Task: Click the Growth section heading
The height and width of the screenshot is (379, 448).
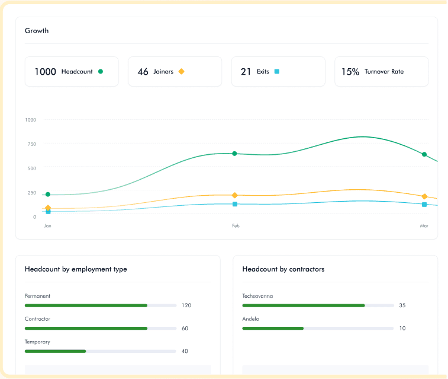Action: pyautogui.click(x=37, y=31)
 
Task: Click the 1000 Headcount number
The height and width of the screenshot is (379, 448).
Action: pyautogui.click(x=45, y=72)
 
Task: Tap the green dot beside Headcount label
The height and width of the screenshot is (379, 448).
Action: pyautogui.click(x=101, y=72)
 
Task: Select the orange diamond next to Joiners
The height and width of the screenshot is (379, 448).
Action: pyautogui.click(x=181, y=72)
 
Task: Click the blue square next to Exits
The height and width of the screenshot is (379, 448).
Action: pyautogui.click(x=276, y=72)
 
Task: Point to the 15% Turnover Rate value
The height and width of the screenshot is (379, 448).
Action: pyautogui.click(x=350, y=72)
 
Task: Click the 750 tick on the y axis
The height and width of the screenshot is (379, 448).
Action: pyautogui.click(x=30, y=144)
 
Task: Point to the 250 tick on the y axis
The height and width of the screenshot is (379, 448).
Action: pyautogui.click(x=30, y=193)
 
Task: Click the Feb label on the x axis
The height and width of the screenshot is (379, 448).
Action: pyautogui.click(x=236, y=226)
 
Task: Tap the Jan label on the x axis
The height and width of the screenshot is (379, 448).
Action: pyautogui.click(x=47, y=226)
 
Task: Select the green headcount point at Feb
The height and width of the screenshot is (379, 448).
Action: pyautogui.click(x=234, y=154)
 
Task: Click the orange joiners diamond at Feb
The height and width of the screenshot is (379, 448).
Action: pyautogui.click(x=234, y=195)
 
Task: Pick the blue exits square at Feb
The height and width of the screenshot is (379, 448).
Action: pyautogui.click(x=235, y=204)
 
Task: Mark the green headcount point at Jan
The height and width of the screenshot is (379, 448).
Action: pyautogui.click(x=48, y=195)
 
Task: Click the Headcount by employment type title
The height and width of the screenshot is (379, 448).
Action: pyautogui.click(x=76, y=269)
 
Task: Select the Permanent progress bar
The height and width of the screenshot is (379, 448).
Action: pyautogui.click(x=101, y=305)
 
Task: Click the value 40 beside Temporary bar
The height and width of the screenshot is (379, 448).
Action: pyautogui.click(x=185, y=351)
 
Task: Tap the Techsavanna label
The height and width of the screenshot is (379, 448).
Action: pyautogui.click(x=257, y=296)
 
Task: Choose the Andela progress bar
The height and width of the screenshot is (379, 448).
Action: pyautogui.click(x=318, y=328)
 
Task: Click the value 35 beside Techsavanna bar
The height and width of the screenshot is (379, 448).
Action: pyautogui.click(x=402, y=305)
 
